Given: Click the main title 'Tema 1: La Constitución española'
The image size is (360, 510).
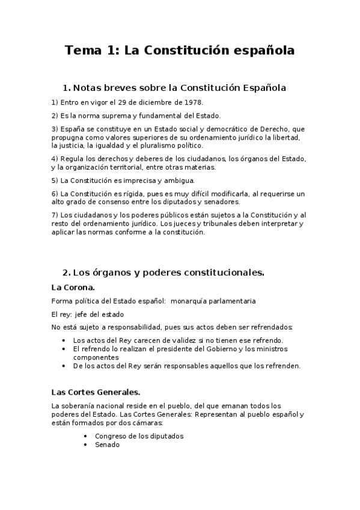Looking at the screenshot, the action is [x=180, y=51].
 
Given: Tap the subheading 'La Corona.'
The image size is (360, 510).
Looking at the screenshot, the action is [x=73, y=287].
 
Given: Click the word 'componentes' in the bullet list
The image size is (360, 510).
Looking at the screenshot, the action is [x=94, y=357].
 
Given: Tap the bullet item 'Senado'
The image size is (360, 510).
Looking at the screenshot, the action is [x=107, y=444].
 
